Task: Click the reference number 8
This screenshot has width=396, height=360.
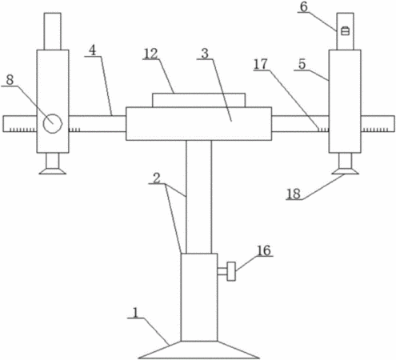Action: point(10,80)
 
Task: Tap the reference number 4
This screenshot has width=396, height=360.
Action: point(92,50)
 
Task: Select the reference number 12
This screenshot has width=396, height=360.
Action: point(151,54)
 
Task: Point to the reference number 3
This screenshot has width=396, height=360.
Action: point(205,54)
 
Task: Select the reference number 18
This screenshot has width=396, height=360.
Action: point(294,194)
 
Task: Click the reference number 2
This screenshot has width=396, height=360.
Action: point(157,178)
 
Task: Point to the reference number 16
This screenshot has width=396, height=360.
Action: point(264,250)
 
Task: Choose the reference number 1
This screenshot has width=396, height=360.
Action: point(136,313)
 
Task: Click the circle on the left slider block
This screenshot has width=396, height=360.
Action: point(53,124)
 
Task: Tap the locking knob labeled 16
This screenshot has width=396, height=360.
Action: point(231,271)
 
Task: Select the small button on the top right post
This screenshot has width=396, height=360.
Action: point(346,31)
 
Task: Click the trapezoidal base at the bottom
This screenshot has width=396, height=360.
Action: point(199,350)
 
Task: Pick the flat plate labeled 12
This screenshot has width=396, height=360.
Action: point(198,100)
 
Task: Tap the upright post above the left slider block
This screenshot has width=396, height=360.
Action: point(53,31)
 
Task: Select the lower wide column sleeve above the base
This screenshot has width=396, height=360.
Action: point(199,297)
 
